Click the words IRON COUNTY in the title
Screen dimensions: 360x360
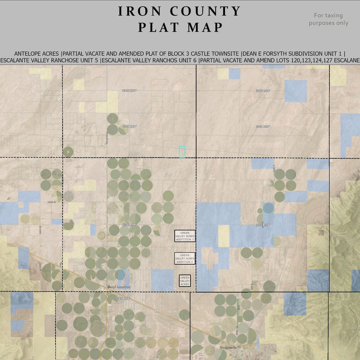coord(179,11)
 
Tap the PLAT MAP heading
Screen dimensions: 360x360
coord(180,27)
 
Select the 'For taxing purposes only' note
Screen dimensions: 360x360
coord(328,19)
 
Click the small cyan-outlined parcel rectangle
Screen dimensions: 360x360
coord(182,152)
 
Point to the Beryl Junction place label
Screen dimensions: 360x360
coord(119,287)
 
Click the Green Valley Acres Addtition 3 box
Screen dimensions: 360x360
coord(185,236)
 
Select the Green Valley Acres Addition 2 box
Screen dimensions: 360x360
coord(185,258)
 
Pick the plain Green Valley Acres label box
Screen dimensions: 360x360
coord(185,281)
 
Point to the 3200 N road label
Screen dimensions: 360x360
coord(52,202)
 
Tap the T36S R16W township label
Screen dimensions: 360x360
coord(123,299)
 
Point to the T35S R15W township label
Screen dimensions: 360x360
coord(263,225)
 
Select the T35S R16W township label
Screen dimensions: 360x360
coord(129,224)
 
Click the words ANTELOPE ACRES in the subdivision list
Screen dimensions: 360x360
coord(36,54)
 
